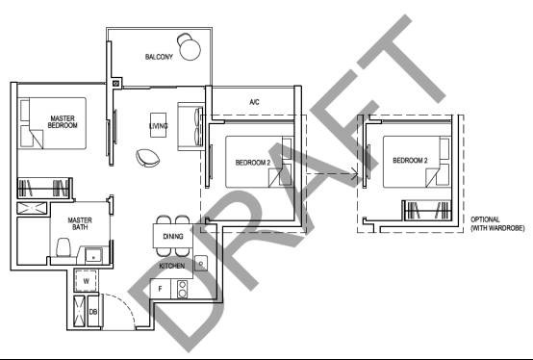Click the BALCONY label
point(159,57)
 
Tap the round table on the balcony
point(190,50)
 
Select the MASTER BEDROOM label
point(63,121)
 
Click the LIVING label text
point(159,126)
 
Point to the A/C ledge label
point(254,102)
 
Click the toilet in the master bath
point(63,247)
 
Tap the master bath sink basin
point(93,255)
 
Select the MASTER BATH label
point(80,223)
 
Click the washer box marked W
point(86,281)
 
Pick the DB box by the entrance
point(93,311)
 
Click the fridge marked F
point(161,289)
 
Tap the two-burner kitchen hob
point(182,289)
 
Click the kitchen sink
point(201,263)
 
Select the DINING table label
point(173,236)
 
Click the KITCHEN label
point(172,266)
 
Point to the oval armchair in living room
point(147,158)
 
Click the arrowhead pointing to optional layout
point(355,174)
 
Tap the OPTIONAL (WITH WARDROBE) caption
point(497,223)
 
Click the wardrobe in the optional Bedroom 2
point(427,210)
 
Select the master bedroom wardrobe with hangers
point(44,188)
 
